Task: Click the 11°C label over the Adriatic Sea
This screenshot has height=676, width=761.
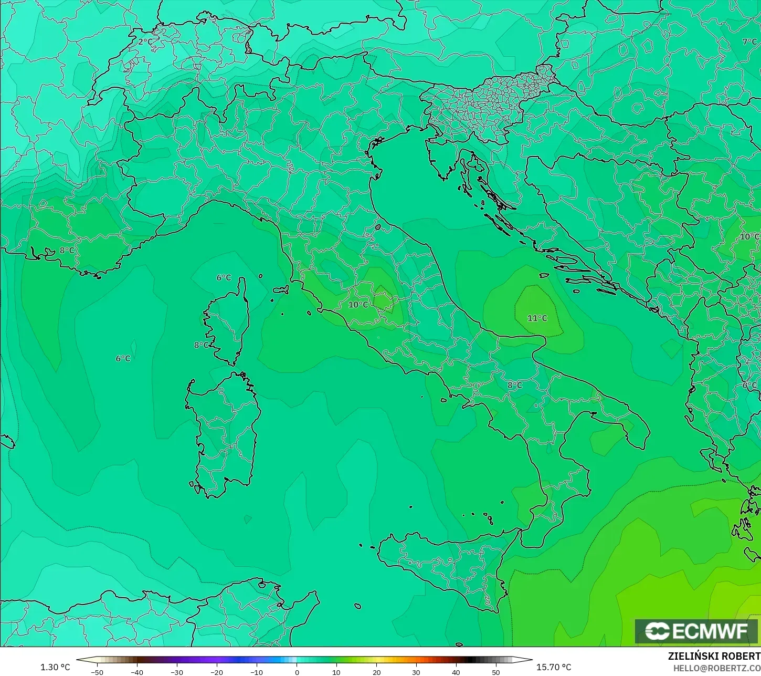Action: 537,318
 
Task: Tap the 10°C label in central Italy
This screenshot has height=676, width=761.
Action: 358,305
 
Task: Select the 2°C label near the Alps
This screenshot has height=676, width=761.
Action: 145,41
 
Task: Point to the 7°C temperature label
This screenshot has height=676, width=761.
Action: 749,41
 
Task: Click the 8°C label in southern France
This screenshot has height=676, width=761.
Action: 67,251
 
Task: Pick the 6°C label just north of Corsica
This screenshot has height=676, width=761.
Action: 224,277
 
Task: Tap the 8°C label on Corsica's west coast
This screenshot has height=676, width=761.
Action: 201,345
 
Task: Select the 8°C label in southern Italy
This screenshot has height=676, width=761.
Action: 514,385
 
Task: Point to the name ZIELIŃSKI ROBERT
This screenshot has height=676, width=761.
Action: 714,656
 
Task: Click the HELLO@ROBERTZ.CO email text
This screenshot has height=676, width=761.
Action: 717,668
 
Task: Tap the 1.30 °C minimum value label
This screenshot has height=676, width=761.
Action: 55,667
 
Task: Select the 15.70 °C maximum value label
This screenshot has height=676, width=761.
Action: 554,667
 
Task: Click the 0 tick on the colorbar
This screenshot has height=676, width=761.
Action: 297,672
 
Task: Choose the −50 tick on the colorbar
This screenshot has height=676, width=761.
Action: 97,672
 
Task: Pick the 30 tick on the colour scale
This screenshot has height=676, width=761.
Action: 416,672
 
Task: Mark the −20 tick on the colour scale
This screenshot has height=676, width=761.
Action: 216,672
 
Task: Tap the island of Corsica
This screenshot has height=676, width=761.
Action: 228,320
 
